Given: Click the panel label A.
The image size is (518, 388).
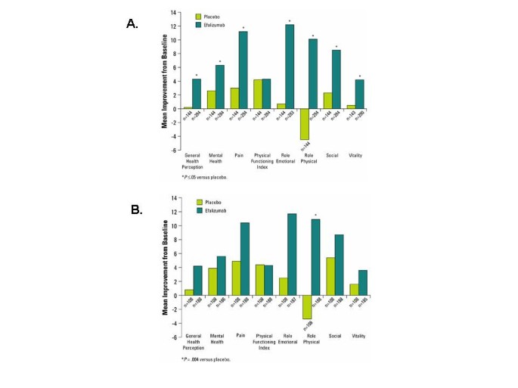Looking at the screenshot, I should [x=132, y=24].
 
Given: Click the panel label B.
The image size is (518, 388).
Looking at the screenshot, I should [x=136, y=210].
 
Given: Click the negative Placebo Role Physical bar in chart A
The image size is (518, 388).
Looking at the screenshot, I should [x=304, y=124].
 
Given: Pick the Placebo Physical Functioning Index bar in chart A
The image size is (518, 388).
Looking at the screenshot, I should [x=257, y=94].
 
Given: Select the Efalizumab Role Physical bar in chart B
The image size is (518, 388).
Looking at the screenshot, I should [x=314, y=262].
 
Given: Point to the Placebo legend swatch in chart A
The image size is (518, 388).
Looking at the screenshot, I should [x=199, y=16].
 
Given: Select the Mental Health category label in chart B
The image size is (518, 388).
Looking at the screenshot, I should [x=216, y=343].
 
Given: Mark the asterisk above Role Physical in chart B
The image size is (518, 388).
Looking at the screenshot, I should [x=315, y=215].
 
